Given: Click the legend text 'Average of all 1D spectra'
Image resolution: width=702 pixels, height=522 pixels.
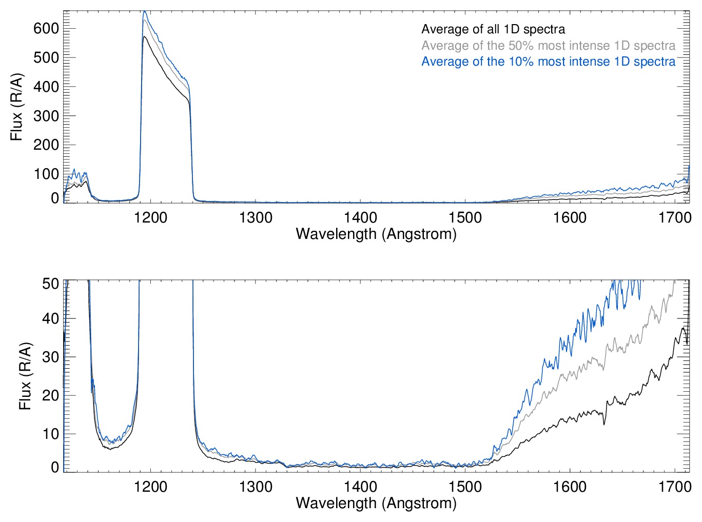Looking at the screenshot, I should point(493,30).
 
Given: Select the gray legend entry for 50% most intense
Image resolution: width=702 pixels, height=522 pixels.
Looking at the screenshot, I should point(548,46).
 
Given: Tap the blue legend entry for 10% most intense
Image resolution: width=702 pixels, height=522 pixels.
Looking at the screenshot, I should point(548,62).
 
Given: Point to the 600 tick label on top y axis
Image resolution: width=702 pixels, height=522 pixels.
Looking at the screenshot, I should point(46,29).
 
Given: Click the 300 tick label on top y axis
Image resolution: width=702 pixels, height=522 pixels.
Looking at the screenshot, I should point(46,116).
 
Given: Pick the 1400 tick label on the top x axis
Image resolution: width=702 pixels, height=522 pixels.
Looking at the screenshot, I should point(360,218).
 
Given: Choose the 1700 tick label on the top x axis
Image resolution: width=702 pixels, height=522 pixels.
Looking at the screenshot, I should point(674,218).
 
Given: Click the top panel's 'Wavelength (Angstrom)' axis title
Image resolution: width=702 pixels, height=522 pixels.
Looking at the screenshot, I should point(376,234).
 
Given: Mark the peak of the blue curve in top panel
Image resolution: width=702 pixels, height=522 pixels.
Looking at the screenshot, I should point(145,11).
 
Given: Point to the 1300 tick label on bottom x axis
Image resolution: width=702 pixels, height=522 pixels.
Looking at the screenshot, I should point(256,487).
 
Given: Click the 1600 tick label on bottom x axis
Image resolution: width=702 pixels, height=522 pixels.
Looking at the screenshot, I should point(570,487).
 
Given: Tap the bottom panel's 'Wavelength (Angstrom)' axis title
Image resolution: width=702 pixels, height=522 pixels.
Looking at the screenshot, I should point(376,503).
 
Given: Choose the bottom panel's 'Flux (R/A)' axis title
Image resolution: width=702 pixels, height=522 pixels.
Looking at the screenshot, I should point(25,376).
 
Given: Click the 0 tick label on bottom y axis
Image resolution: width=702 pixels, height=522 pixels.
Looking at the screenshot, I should point(55,468).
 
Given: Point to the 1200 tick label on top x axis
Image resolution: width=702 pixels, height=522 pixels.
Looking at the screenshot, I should point(151,218).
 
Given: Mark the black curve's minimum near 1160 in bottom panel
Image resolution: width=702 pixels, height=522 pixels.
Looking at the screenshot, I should point(109,449).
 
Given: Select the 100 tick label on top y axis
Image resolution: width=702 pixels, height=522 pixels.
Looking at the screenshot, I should point(46,174).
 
